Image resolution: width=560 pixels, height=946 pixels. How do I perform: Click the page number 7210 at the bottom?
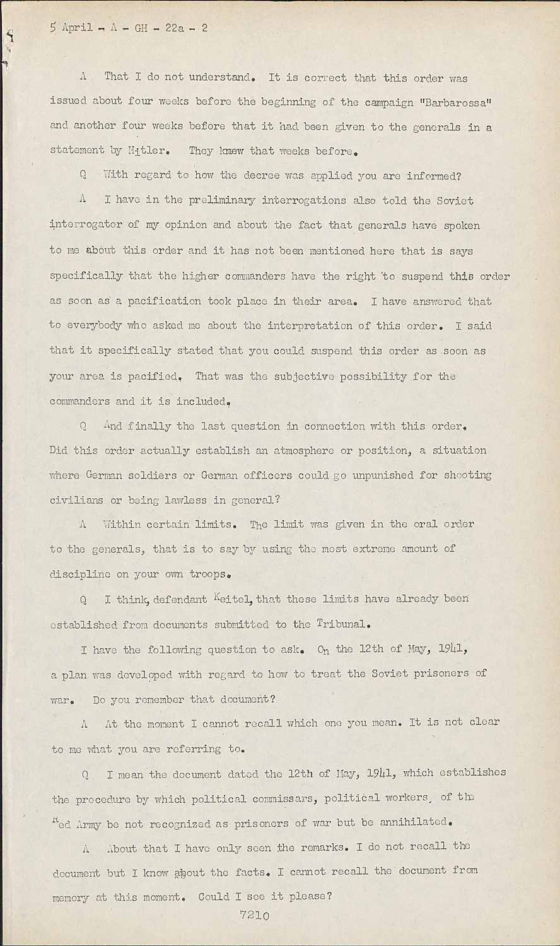click(x=254, y=916)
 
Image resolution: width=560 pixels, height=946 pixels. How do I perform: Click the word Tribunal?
click(x=341, y=624)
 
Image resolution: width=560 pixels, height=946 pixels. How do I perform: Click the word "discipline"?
click(x=80, y=575)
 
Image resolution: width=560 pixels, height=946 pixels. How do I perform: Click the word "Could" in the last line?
click(x=214, y=896)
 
